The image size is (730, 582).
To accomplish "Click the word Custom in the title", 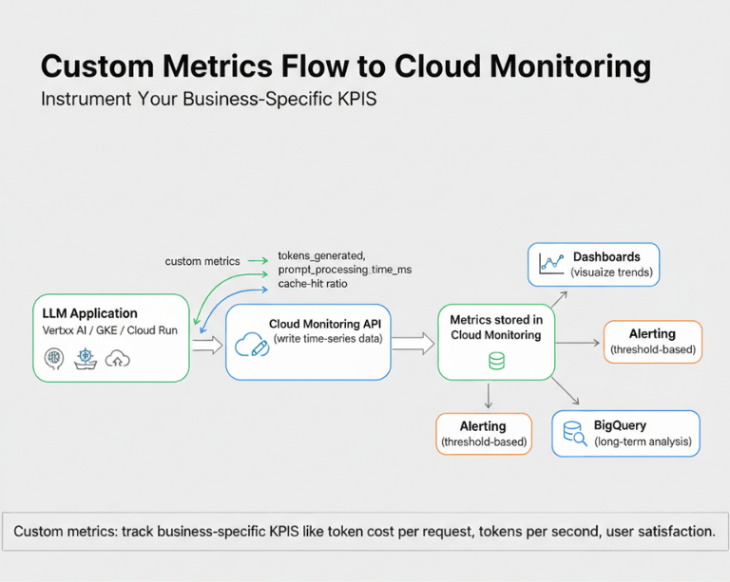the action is [97, 66].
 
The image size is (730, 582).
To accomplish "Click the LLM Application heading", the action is [90, 313].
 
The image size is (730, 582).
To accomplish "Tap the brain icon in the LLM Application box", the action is [53, 359].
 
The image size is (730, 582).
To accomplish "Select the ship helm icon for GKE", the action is [86, 359].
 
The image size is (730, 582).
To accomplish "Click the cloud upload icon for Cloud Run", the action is [117, 359].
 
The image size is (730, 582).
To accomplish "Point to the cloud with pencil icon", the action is [252, 345].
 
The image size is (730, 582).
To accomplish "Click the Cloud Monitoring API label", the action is [325, 324].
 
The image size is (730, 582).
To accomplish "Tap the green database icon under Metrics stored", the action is [496, 361].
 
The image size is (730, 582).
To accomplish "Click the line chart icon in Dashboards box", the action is [551, 264].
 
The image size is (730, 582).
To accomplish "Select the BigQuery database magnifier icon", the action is [574, 433].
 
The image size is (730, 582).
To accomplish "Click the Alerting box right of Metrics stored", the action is [653, 342].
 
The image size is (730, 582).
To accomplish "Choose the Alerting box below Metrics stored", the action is [484, 434].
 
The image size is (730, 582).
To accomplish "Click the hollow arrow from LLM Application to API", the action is [207, 345].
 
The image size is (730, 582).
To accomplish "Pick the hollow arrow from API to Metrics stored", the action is [413, 344].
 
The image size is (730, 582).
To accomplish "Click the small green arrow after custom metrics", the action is [258, 261].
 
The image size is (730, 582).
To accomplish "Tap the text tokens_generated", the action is [321, 255].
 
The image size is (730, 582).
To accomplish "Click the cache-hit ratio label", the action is [313, 284].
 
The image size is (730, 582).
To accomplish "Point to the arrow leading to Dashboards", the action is [559, 299].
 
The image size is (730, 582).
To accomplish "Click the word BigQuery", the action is [620, 425].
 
